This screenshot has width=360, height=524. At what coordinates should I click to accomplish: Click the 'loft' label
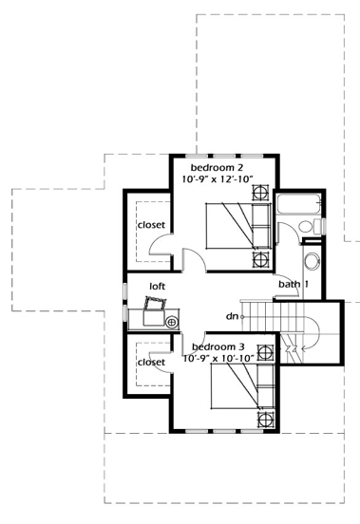[158, 285]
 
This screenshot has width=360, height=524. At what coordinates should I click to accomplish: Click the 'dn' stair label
[231, 315]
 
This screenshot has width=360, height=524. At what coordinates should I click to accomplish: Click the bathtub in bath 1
[298, 204]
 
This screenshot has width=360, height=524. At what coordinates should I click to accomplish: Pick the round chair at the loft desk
[172, 322]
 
